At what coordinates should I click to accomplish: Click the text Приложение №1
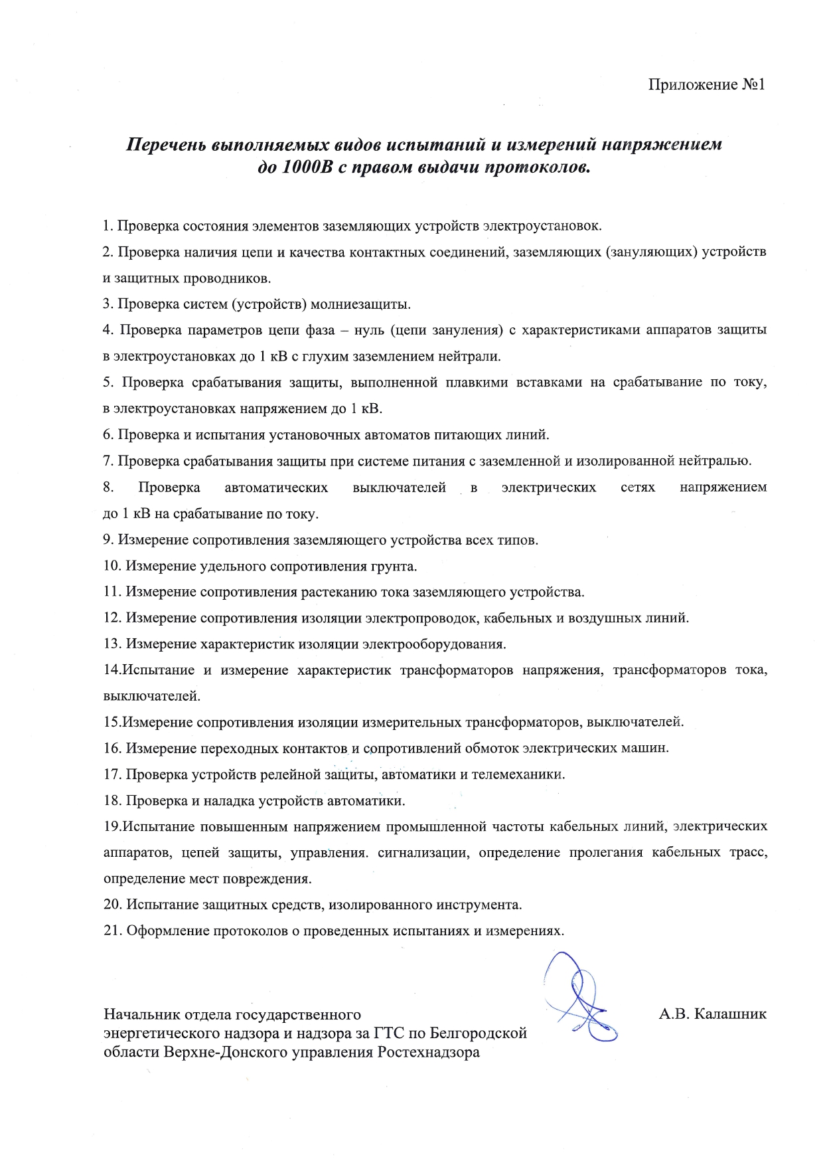[706, 85]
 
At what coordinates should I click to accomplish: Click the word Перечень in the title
[165, 145]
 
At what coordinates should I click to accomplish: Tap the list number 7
[108, 461]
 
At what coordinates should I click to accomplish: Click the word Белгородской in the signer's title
[479, 1033]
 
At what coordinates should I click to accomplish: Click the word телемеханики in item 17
[518, 774]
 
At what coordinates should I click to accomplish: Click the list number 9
[108, 540]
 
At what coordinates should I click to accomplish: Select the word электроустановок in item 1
[542, 226]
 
